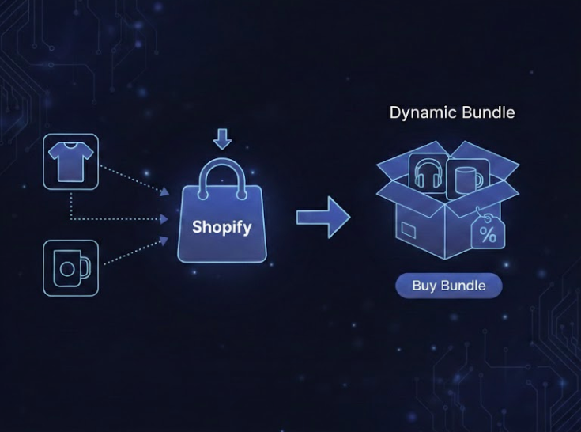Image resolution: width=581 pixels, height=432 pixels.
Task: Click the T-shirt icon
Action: (71, 162)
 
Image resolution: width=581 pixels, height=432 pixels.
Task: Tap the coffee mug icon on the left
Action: (70, 268)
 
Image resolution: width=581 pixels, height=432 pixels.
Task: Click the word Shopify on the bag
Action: (222, 228)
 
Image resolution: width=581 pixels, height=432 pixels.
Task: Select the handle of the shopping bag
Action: (222, 172)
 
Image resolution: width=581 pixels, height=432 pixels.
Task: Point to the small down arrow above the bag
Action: (223, 139)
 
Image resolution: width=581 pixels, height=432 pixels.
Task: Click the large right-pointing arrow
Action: (323, 217)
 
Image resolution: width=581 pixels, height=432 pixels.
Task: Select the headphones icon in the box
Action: (428, 173)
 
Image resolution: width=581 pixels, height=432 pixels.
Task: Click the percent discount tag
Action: (488, 232)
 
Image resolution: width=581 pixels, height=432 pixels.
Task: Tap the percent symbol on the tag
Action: (489, 234)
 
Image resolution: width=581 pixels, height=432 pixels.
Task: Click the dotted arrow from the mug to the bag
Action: (134, 252)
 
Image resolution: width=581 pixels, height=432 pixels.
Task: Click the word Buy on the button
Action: (424, 286)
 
